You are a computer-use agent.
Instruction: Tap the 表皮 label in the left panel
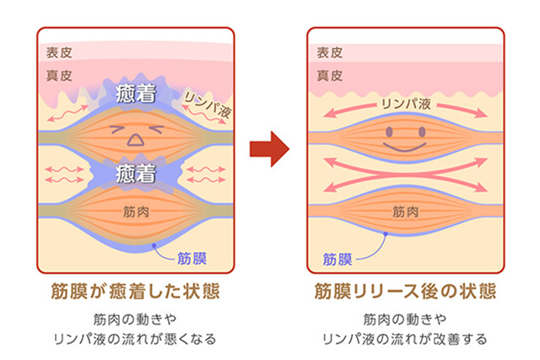[60, 52]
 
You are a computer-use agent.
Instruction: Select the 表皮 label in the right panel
[330, 52]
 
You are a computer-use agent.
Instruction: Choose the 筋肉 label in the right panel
[406, 212]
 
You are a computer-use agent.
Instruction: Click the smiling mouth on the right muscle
[406, 144]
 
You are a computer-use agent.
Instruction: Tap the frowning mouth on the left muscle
[136, 142]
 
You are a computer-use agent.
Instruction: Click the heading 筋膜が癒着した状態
[135, 292]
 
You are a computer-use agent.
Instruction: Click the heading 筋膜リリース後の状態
[405, 292]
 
